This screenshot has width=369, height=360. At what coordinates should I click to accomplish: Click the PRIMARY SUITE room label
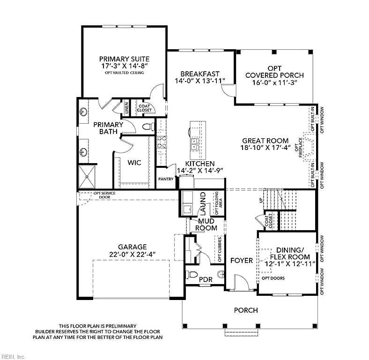(x=124, y=59)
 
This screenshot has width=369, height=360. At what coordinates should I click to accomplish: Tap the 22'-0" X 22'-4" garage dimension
(x=132, y=255)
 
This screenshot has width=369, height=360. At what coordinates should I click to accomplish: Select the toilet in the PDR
(x=192, y=275)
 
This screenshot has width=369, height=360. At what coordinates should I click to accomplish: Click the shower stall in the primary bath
(x=87, y=176)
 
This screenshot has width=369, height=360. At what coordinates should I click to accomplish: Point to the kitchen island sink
(x=194, y=144)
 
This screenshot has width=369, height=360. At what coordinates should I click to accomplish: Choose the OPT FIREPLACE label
(x=298, y=147)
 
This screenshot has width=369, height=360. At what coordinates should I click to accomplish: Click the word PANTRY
(x=166, y=179)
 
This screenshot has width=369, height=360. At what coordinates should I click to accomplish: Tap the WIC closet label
(x=134, y=163)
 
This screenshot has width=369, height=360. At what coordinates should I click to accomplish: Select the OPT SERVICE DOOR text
(x=104, y=195)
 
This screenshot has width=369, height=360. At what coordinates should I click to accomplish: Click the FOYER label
(x=242, y=260)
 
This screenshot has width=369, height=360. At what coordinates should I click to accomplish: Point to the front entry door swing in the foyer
(x=242, y=282)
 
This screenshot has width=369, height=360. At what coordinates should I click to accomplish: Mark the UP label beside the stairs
(x=261, y=200)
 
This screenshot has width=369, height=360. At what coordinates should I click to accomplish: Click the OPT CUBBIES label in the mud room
(x=220, y=249)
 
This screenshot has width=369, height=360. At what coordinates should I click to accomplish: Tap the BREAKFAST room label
(x=200, y=74)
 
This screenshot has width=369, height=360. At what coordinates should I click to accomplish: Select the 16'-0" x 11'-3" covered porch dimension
(x=274, y=82)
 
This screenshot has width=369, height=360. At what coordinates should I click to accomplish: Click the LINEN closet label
(x=126, y=108)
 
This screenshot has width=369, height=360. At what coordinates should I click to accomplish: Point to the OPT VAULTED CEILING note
(x=124, y=73)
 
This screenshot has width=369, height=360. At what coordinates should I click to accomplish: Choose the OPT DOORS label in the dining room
(x=273, y=278)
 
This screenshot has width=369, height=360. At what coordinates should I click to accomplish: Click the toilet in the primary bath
(x=148, y=127)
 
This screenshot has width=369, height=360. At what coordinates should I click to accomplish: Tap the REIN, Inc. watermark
(x=13, y=357)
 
